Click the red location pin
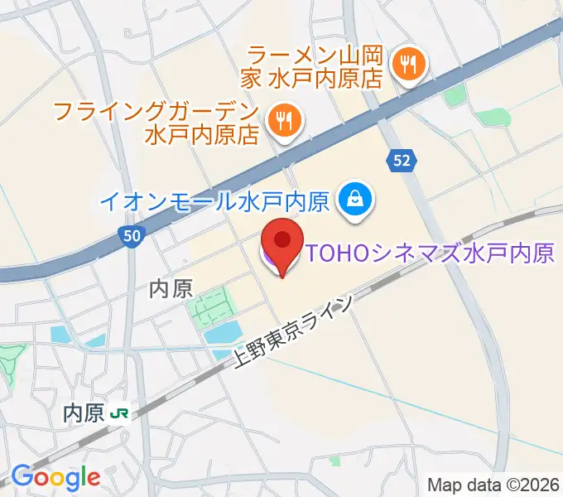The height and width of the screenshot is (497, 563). pos(282,242)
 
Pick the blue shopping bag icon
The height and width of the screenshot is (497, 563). pos(356,200)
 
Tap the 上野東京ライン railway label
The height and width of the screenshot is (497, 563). pos(293,331)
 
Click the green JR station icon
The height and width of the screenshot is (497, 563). pos(121,413)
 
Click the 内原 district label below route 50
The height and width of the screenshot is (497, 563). pos(171,288)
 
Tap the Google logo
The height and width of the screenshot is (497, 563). pos(55,476)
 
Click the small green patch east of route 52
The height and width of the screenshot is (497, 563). pos(453,96)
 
